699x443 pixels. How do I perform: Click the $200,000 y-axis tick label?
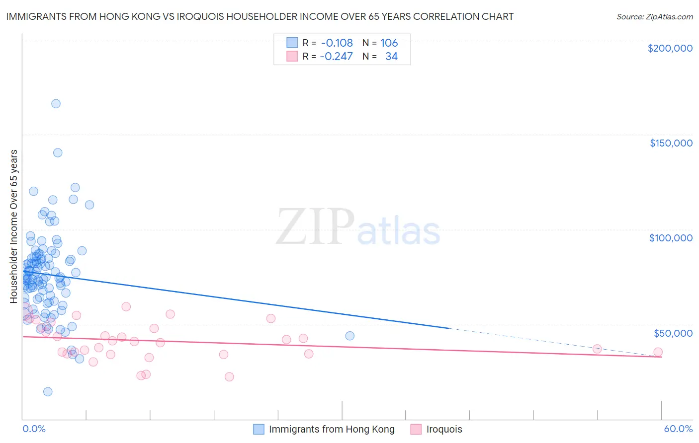click(x=670, y=48)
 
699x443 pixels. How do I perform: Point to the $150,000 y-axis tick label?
click(x=671, y=143)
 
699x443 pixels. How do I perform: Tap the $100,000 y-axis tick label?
click(x=671, y=238)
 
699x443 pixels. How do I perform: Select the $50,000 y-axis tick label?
click(x=673, y=333)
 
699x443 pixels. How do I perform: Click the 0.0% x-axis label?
click(x=34, y=429)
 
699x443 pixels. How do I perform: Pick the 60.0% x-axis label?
click(x=678, y=429)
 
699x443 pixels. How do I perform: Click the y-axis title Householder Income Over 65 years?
click(x=14, y=226)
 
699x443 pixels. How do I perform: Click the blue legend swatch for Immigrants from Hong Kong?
click(x=259, y=429)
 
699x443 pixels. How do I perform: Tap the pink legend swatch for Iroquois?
click(x=416, y=429)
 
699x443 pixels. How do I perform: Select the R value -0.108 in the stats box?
click(x=337, y=43)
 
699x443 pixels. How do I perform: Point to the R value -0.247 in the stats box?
click(x=336, y=56)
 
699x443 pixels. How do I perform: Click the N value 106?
click(x=389, y=43)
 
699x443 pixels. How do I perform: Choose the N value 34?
click(x=391, y=56)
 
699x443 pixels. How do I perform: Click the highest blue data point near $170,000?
click(x=56, y=103)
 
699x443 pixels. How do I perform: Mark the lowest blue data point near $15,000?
click(x=48, y=391)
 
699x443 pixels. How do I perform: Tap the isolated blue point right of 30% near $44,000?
click(x=349, y=336)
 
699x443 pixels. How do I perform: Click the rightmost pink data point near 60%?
click(x=658, y=352)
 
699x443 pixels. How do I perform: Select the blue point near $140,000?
click(x=58, y=152)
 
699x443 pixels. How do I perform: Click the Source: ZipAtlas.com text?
click(x=654, y=17)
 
